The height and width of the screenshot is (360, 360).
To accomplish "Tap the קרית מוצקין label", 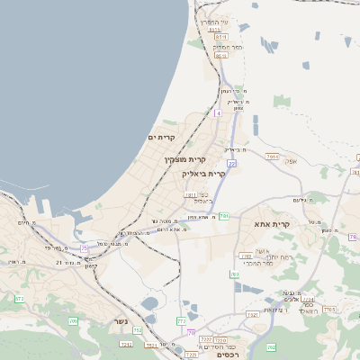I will pyautogui.click(x=180, y=159).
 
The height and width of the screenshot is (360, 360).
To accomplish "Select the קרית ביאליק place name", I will pyautogui.click(x=201, y=173).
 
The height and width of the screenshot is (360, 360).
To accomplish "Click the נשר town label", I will pyautogui.click(x=121, y=321).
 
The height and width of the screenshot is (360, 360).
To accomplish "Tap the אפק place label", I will pyautogui.click(x=291, y=162).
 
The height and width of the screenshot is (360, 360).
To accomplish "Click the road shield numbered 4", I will pyautogui.click(x=217, y=113).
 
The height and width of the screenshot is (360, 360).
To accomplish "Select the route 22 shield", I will pyautogui.click(x=231, y=164).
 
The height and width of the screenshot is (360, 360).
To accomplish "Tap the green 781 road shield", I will pyautogui.click(x=224, y=216).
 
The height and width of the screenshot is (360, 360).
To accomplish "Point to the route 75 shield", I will pyautogui.click(x=85, y=247).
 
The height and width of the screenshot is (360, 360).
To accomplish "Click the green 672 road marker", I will pyautogui.click(x=19, y=298).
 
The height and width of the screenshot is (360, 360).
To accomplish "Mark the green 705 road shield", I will pyautogui.click(x=74, y=320).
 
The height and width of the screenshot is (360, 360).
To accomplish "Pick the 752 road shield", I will pyautogui.click(x=138, y=330).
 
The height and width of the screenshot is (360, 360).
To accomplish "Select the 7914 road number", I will pyautogui.click(x=273, y=156).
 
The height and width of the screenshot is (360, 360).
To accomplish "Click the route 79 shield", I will pyautogui.click(x=355, y=237).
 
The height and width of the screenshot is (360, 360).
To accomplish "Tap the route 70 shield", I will pyautogui.click(x=191, y=332).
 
